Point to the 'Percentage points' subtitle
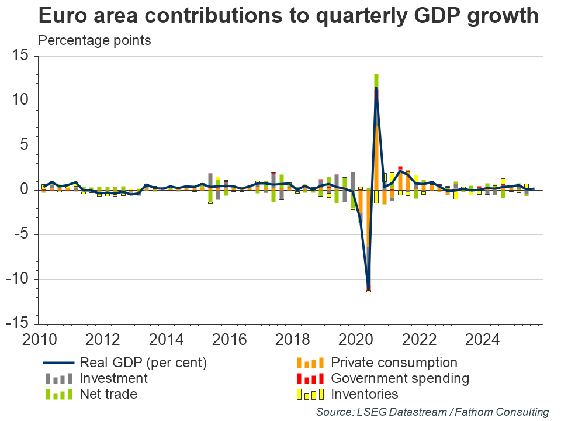[95, 40]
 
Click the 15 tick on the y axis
[21, 56]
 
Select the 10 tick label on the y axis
[21, 101]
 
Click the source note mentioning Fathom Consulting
[432, 412]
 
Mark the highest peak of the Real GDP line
[376, 88]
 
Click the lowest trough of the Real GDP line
[368, 289]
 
